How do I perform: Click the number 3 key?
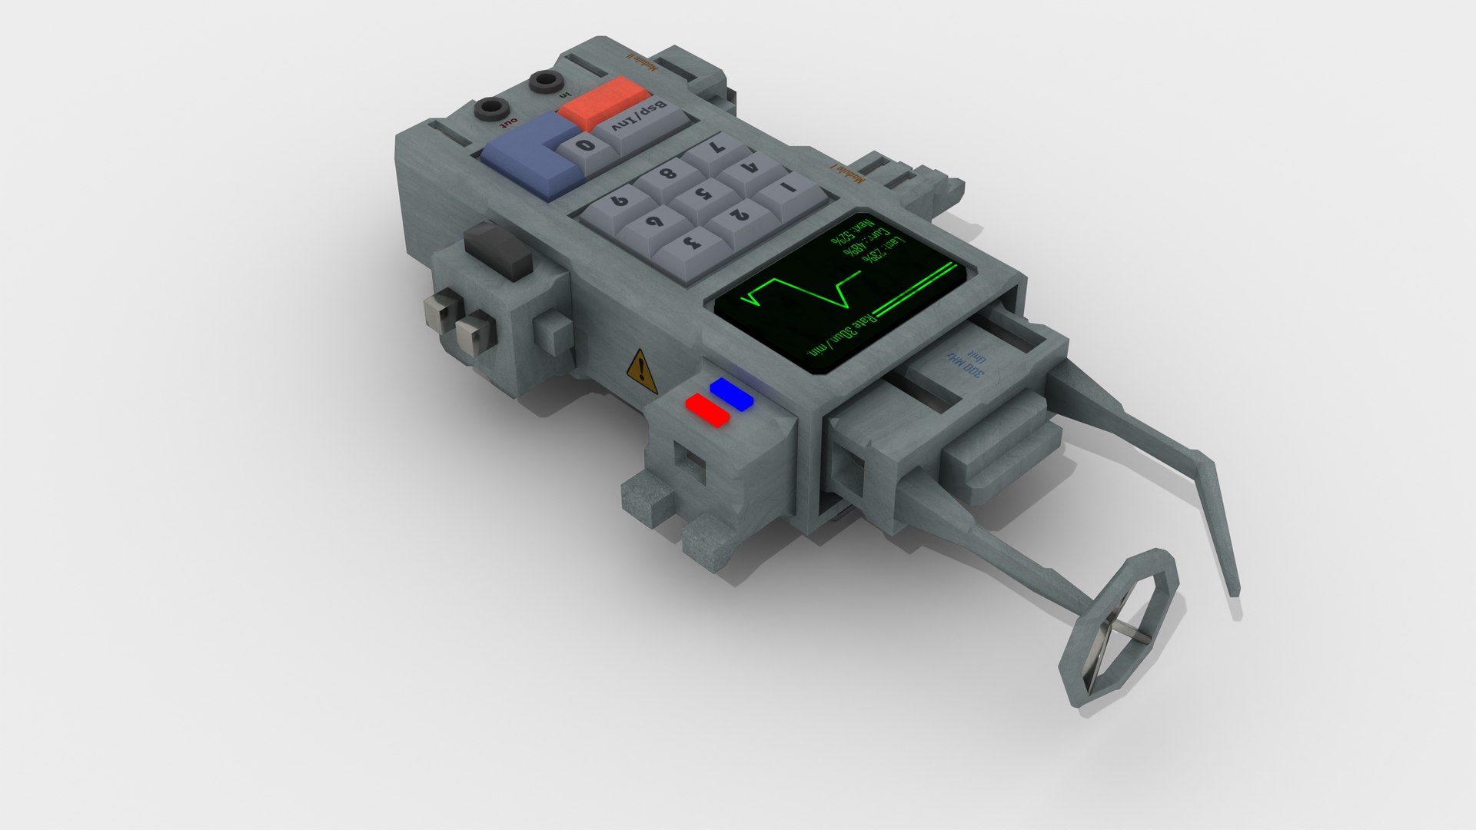tap(690, 244)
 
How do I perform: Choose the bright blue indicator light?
tap(732, 393)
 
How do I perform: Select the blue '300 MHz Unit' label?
tap(967, 361)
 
